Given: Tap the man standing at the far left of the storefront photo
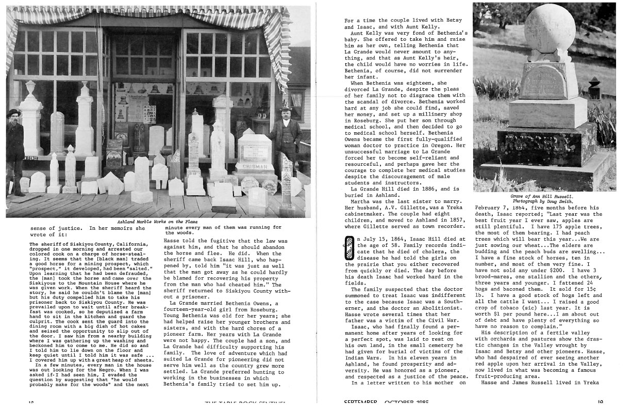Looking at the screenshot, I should click(x=15, y=150).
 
